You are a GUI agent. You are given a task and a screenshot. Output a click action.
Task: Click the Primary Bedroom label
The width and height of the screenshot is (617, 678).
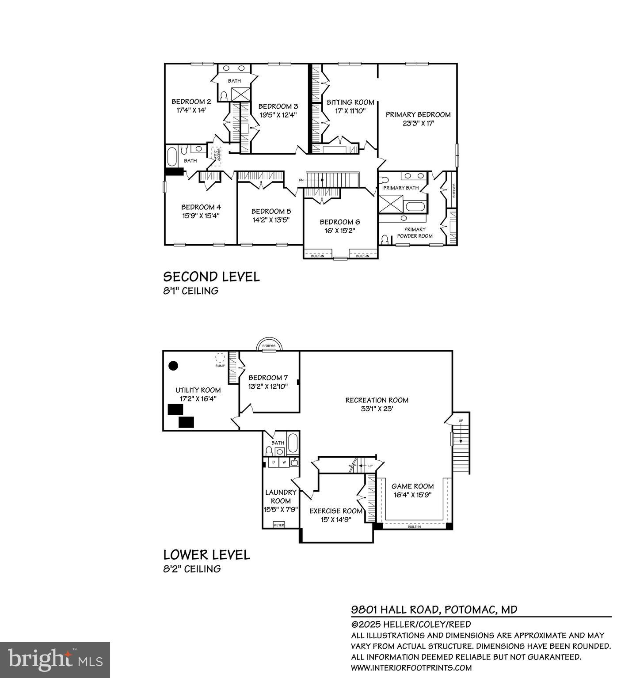pos(418,114)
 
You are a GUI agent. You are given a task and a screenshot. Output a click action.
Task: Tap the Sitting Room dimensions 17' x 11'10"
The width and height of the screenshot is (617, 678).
pos(350,111)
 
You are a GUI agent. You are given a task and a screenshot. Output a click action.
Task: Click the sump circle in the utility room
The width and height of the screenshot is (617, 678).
pos(220,358)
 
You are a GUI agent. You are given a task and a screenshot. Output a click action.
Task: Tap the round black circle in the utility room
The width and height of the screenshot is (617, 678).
pos(174,365)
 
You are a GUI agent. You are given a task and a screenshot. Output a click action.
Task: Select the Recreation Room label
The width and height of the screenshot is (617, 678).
pos(377,400)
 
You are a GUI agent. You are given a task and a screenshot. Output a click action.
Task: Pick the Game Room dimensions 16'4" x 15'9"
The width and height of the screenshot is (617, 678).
pos(412,495)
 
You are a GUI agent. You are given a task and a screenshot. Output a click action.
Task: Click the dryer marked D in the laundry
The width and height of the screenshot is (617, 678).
pos(274,462)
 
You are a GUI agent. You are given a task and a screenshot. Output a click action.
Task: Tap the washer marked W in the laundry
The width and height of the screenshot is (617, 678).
pos(284,462)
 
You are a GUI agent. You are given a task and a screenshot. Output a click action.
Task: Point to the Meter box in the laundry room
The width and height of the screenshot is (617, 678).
pos(278,525)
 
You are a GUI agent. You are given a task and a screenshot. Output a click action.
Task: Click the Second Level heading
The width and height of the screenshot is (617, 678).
pos(211,277)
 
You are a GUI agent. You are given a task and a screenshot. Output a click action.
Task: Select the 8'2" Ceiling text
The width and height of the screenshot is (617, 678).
pos(192,569)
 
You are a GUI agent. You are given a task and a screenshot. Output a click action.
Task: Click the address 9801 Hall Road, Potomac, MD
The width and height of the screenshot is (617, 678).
pos(434,610)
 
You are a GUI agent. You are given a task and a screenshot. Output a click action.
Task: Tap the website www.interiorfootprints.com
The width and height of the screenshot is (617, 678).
pos(411,668)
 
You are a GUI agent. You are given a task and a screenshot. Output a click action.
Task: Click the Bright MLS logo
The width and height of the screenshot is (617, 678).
pos(55,659)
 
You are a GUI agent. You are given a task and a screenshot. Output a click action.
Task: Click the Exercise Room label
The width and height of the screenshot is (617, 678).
pos(336,511)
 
